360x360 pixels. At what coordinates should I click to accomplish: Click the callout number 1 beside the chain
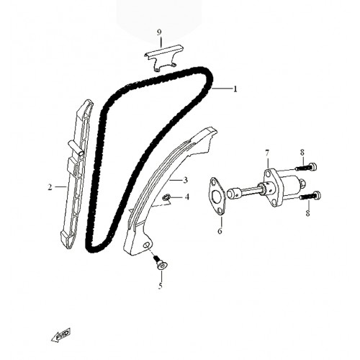click(x=235, y=89)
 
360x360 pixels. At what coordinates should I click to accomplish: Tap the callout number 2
click(x=50, y=187)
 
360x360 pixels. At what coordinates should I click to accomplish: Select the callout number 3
click(x=185, y=180)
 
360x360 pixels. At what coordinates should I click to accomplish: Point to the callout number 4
click(x=187, y=197)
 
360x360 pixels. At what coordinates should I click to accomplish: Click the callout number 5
click(x=161, y=286)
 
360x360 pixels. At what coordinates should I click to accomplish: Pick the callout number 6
click(x=220, y=231)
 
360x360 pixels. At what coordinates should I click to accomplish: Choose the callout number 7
click(x=267, y=153)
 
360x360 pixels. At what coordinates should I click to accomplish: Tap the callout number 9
click(x=159, y=32)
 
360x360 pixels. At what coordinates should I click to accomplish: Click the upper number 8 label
click(x=302, y=152)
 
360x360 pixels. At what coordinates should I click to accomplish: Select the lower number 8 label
click(x=307, y=213)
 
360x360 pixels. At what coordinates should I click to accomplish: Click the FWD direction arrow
click(x=61, y=334)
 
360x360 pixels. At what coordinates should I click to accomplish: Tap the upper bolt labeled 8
click(x=306, y=167)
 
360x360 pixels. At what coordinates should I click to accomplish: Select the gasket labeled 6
click(x=217, y=195)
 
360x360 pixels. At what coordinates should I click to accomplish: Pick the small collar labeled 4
click(x=166, y=197)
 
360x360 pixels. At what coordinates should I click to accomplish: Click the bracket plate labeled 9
click(x=164, y=57)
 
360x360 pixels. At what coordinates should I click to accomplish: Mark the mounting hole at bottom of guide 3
click(x=145, y=245)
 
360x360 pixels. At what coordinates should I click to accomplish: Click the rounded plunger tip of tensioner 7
click(x=233, y=194)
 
